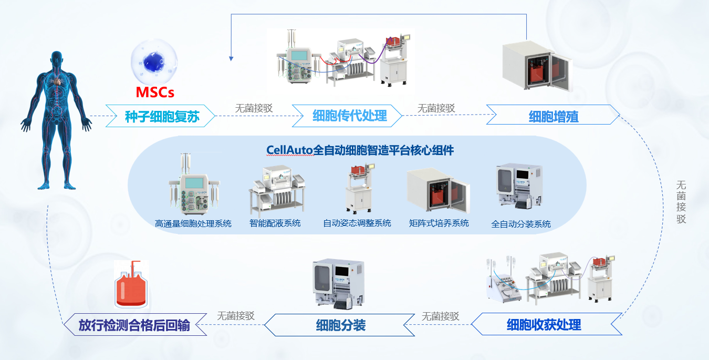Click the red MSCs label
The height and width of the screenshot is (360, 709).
[x=155, y=93]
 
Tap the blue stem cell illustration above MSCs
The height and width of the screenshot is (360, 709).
[x=154, y=62]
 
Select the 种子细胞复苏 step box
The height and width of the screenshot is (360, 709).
[x=162, y=116]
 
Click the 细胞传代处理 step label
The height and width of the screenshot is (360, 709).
[x=349, y=116]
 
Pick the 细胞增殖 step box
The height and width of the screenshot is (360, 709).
[x=553, y=116]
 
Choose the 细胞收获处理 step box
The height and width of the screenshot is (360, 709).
[x=544, y=324]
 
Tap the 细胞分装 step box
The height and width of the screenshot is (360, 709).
[x=340, y=325]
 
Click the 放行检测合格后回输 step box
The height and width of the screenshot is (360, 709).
[x=134, y=324]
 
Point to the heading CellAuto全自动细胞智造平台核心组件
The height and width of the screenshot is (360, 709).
[x=360, y=150]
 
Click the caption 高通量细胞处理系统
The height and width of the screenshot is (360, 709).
[x=193, y=223]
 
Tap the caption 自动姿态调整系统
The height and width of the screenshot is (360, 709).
[x=357, y=223]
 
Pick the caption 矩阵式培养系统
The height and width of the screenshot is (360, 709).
[x=439, y=223]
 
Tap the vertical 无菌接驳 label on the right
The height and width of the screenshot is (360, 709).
[x=681, y=202]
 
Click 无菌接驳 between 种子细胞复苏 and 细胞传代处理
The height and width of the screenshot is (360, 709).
[x=253, y=108]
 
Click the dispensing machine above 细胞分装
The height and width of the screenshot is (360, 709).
[x=339, y=283]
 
